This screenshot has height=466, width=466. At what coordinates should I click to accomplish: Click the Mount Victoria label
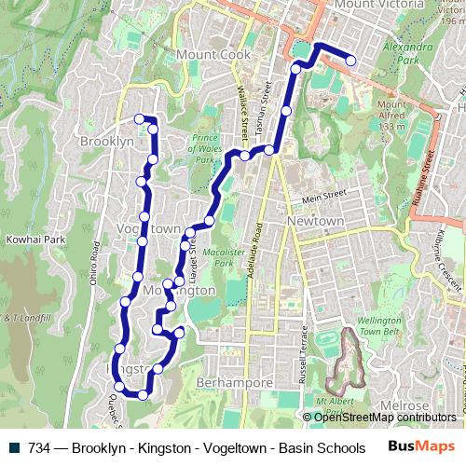(x=373, y=6)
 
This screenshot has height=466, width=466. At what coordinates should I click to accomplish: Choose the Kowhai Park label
(x=35, y=240)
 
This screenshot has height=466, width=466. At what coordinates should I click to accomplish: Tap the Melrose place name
(x=404, y=407)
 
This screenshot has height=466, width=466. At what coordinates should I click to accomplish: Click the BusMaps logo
(x=418, y=447)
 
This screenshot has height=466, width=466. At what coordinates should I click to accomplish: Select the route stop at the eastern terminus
(x=351, y=62)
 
